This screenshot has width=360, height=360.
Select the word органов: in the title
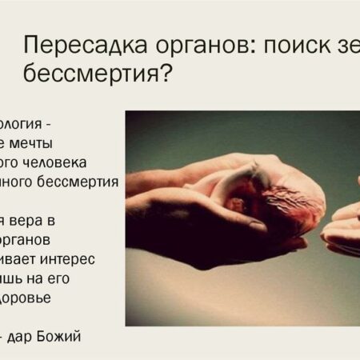188,46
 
